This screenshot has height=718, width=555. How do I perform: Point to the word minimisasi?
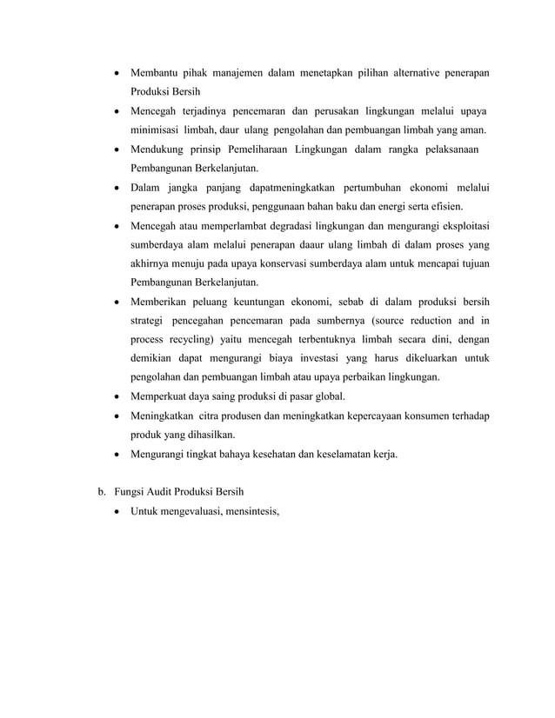coord(154,130)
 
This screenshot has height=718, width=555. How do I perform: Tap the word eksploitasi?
coord(457,226)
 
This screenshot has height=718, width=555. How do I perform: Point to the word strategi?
coord(149,320)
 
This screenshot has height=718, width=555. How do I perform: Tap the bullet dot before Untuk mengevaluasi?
coord(116,509)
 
